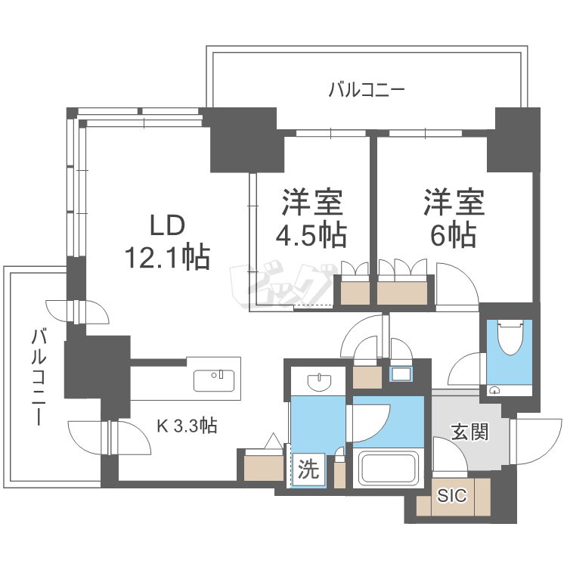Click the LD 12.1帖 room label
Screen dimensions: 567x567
tap(167, 242)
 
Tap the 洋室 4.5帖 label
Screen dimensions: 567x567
tap(311, 218)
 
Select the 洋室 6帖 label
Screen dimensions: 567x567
tap(454, 218)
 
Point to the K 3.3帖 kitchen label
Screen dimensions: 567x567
tap(187, 426)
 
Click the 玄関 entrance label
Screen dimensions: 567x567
tap(469, 432)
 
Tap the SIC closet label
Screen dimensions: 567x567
tap(451, 495)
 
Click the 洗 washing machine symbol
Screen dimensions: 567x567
tap(308, 469)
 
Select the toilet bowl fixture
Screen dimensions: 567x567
tap(509, 337)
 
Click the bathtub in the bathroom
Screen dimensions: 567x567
tap(389, 468)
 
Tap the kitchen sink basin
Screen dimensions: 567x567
tap(214, 381)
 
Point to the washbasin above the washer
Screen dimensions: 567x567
tap(319, 383)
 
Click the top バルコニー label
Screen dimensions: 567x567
tap(367, 89)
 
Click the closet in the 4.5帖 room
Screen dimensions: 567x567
tap(355, 290)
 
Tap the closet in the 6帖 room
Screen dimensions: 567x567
tap(402, 290)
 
